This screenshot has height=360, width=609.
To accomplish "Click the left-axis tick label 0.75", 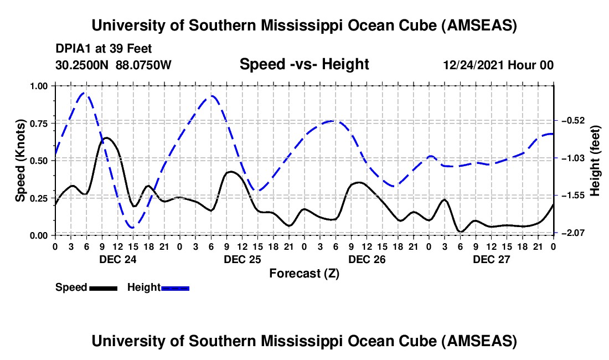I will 39,123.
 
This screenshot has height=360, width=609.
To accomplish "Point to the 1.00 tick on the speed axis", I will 39,86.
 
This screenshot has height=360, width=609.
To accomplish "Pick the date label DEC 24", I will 117,259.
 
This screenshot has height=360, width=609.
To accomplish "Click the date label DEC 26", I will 367,259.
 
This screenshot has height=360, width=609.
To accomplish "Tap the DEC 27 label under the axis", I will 491,259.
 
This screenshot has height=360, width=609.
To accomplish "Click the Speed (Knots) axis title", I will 20,160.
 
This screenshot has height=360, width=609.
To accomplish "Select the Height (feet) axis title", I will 595,160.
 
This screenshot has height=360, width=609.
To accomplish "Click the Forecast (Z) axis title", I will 304,273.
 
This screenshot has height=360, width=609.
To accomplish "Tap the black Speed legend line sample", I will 103,287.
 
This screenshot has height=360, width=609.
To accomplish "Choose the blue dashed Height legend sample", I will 175,287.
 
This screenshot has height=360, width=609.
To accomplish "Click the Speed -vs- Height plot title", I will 304,64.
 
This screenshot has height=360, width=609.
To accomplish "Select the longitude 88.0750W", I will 144,65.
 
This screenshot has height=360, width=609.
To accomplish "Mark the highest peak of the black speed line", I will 107,137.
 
